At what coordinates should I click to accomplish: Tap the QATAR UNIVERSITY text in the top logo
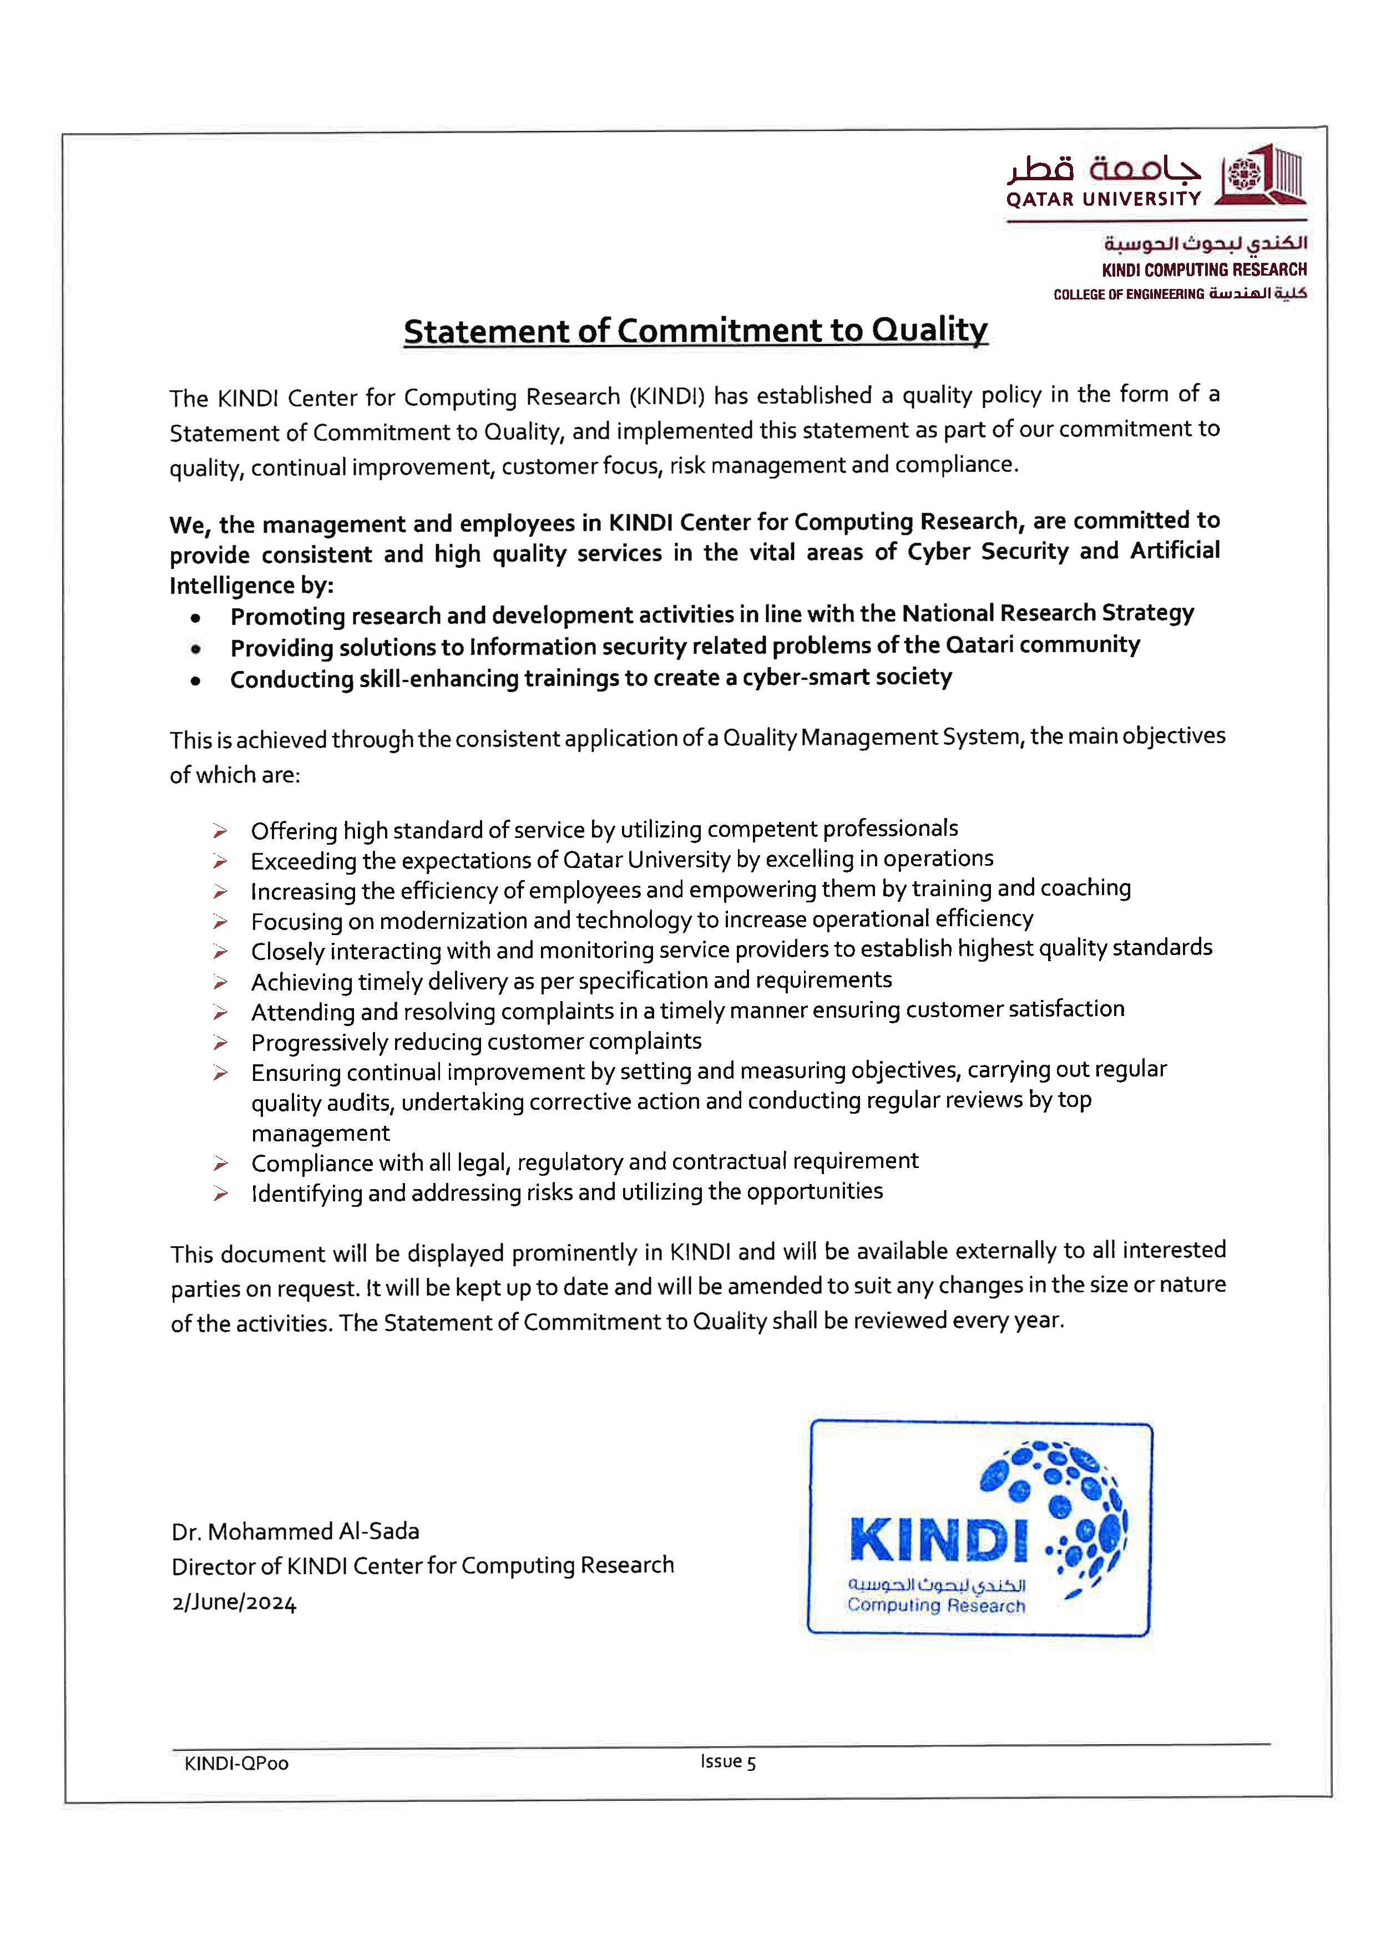(x=1103, y=199)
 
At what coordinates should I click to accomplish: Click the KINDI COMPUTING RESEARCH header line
(x=1204, y=270)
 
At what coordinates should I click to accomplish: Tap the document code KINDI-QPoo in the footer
(x=236, y=1764)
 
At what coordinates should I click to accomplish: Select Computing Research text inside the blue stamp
(x=935, y=1605)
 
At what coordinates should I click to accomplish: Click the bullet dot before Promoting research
(x=196, y=618)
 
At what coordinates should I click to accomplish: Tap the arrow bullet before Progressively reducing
(x=220, y=1043)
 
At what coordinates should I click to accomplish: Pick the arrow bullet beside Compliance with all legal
(x=220, y=1163)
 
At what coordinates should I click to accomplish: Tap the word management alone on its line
(x=320, y=1134)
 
